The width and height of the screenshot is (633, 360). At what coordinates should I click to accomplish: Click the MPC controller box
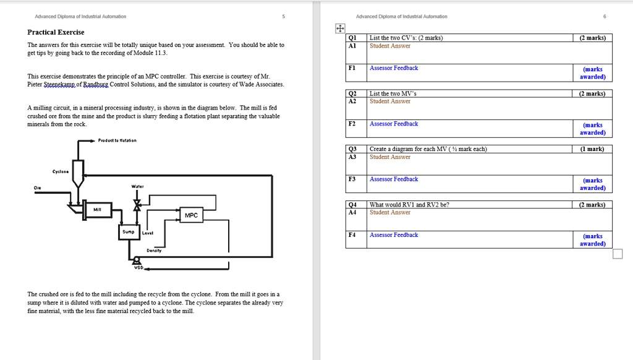(191, 215)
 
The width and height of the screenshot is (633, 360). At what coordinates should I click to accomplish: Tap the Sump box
(128, 232)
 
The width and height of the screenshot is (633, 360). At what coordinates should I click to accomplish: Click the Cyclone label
(61, 172)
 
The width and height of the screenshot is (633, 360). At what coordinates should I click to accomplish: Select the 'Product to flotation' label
(117, 140)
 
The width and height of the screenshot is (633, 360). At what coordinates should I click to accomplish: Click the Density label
(154, 251)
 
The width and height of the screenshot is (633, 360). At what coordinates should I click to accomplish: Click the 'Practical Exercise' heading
(56, 32)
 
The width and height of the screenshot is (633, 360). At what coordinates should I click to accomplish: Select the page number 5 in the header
(283, 16)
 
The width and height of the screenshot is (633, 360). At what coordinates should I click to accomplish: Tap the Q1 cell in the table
(352, 38)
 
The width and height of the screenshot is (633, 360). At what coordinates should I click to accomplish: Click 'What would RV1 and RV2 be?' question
(409, 205)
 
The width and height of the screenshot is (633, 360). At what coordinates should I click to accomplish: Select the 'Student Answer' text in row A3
(389, 157)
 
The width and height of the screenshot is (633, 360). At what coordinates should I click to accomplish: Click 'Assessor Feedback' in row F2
(394, 124)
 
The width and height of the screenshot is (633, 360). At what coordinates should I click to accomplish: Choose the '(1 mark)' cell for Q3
(592, 149)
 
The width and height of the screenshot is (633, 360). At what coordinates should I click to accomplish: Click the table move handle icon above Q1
(339, 28)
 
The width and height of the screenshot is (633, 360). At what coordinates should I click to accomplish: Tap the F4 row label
(352, 235)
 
